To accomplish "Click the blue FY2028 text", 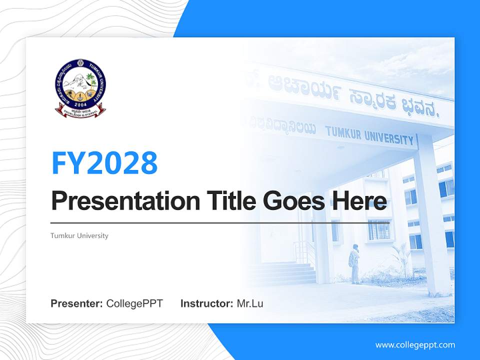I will tap(104, 162).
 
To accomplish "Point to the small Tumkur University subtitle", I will tap(79, 235).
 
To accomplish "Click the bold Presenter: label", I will tap(77, 303).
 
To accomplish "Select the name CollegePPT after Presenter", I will tap(134, 303).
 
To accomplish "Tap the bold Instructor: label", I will tap(206, 303).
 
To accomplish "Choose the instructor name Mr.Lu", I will tap(249, 303).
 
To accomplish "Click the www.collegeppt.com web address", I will tap(415, 344).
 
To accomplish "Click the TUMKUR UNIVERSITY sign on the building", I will tap(370, 135).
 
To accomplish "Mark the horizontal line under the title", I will tap(220, 222).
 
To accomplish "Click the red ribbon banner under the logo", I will tap(80, 110).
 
